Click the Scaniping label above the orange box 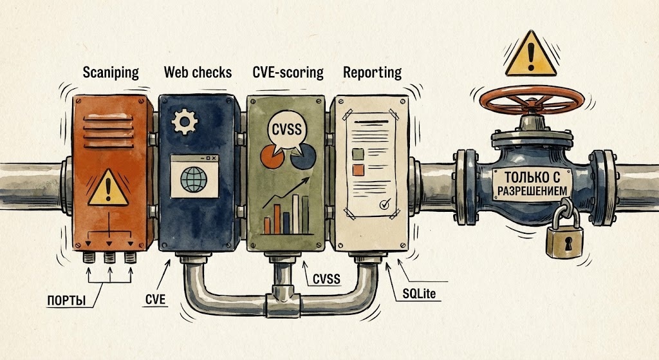coord(111,71)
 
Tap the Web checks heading coord(198,71)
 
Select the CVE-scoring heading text coord(288,71)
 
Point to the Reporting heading coord(372,71)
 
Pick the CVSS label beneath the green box coord(326,279)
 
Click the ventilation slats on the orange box coord(112,119)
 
